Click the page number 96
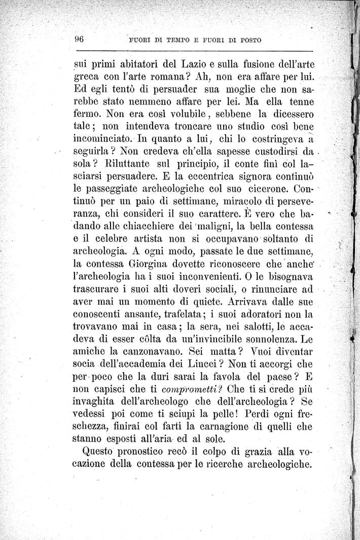pos(79,40)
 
